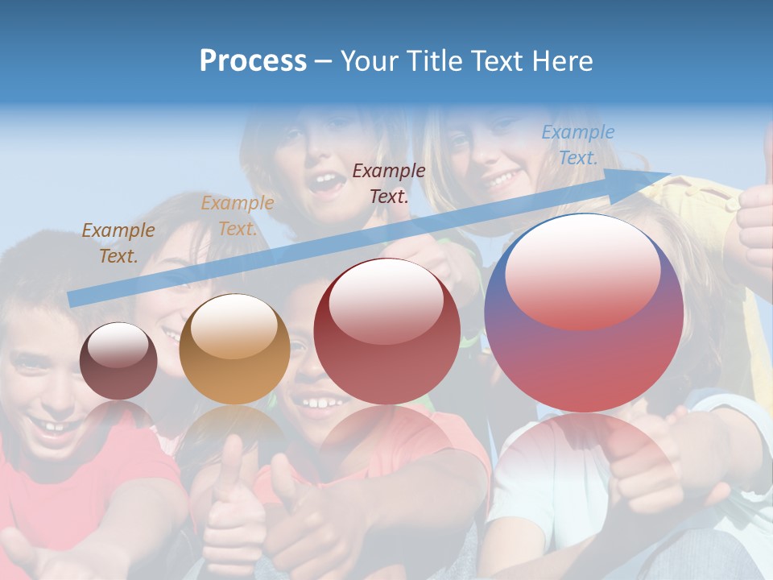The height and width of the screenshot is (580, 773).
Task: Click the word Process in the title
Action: click(x=253, y=61)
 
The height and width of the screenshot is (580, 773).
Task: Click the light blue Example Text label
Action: click(x=577, y=145)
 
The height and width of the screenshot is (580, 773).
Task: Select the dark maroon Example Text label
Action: click(x=389, y=183)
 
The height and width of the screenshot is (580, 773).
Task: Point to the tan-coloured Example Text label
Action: click(x=237, y=216)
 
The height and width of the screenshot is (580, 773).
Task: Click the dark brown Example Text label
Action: click(x=118, y=242)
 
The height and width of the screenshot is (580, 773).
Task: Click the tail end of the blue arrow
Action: click(x=74, y=300)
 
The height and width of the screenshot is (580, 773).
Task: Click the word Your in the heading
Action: click(x=370, y=61)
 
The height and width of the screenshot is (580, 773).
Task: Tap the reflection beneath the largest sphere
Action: click(x=584, y=459)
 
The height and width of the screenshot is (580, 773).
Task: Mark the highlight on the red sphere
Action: click(x=386, y=300)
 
